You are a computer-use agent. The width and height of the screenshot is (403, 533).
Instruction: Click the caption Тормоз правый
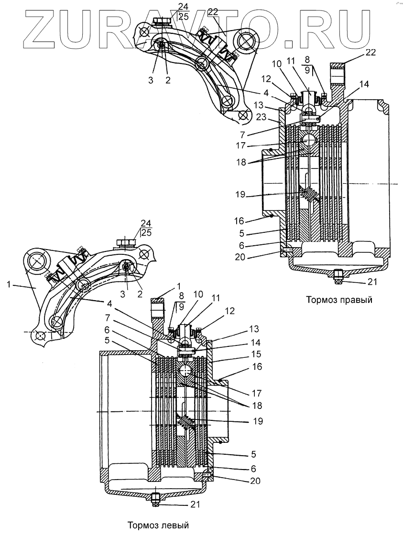pyautogui.click(x=339, y=300)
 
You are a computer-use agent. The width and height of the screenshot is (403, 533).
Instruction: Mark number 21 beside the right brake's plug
pyautogui.click(x=371, y=282)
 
